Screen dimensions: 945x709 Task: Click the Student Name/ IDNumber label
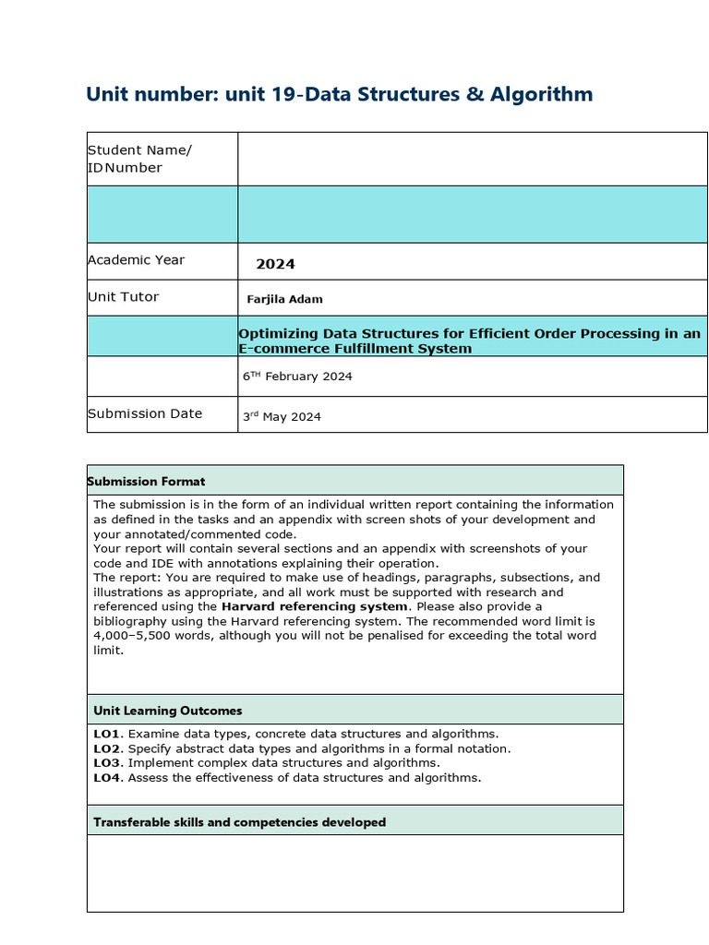coord(139,159)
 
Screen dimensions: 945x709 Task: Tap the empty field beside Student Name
coord(472,159)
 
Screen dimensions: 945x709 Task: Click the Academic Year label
coord(136,260)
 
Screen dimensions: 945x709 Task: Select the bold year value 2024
coord(275,264)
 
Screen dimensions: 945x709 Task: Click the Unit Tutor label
coord(123,297)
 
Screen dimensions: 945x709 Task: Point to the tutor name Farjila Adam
coord(284,299)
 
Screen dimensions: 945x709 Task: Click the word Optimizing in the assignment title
coord(278,333)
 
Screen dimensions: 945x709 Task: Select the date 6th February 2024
coord(296,377)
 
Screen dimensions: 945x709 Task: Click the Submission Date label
coord(144,413)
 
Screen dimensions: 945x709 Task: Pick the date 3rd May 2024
coord(282,416)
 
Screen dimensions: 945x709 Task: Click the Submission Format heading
coord(146,481)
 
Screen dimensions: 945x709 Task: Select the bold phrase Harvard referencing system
coord(314,606)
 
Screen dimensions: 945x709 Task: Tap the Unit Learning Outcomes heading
coord(167,711)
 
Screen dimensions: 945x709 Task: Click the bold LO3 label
coord(107,763)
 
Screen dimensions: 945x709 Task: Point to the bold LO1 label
coord(107,734)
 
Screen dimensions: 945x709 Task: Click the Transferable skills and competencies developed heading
coord(239,821)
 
